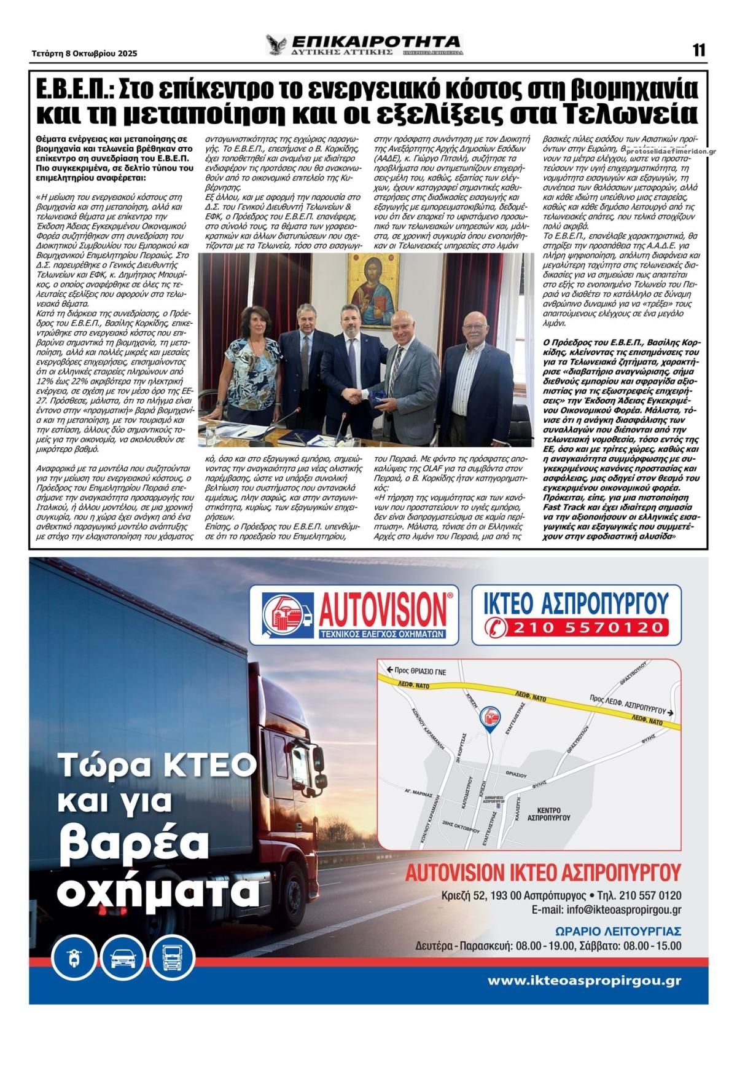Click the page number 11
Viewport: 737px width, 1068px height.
tap(699, 51)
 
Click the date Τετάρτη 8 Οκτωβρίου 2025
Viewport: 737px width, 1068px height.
tap(85, 53)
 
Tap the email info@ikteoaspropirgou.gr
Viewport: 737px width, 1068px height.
tap(606, 910)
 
